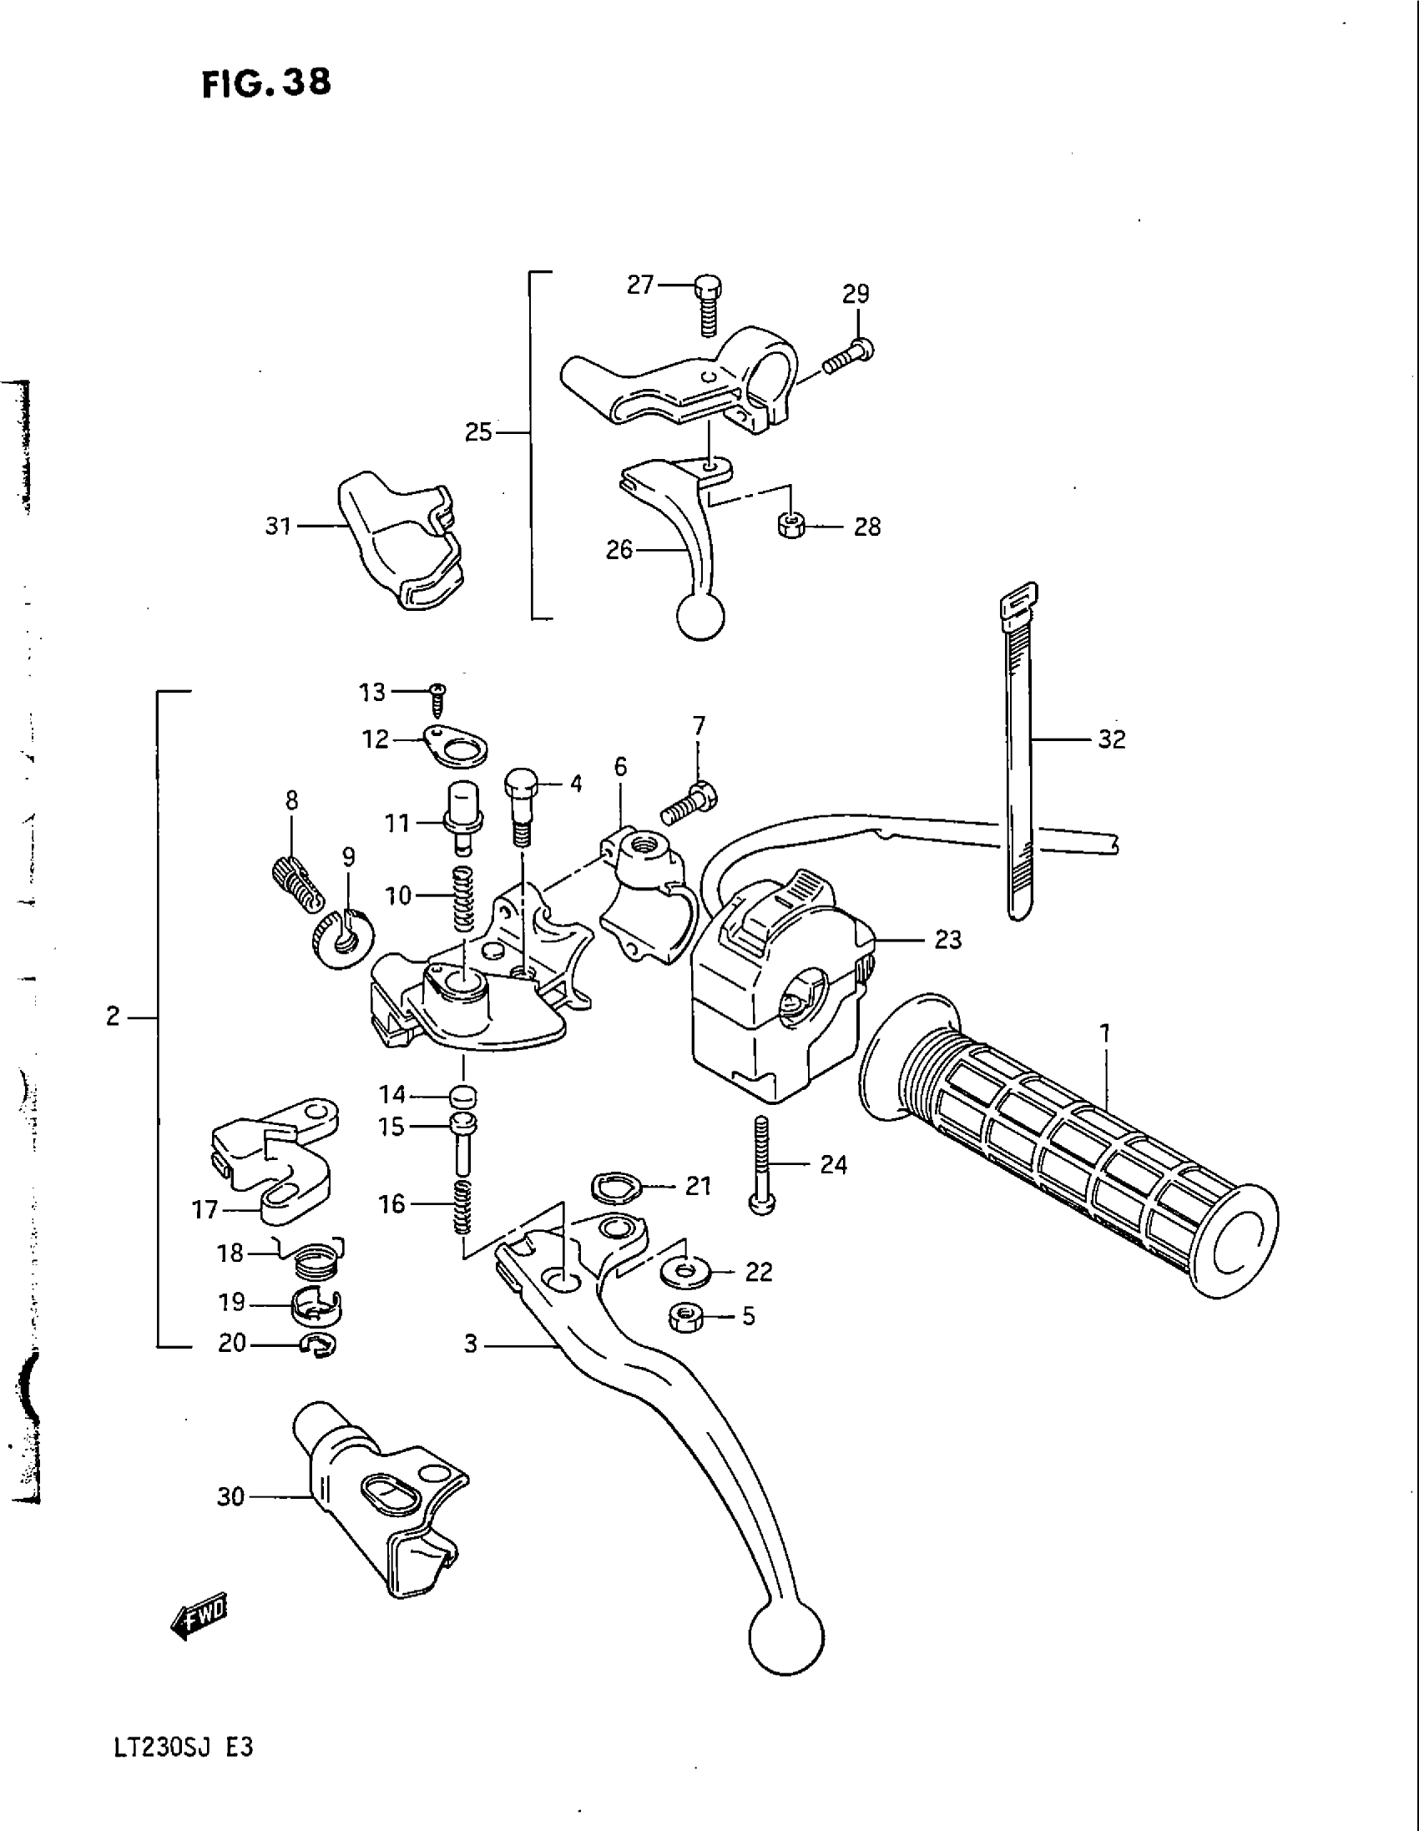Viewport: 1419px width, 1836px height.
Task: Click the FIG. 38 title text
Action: tap(266, 83)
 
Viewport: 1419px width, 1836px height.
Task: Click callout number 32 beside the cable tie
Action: tap(1111, 739)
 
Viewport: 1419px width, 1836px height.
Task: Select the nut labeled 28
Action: tap(789, 527)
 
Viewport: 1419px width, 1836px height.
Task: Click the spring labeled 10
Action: tap(464, 899)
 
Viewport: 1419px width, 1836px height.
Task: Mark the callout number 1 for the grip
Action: tap(1104, 1033)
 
